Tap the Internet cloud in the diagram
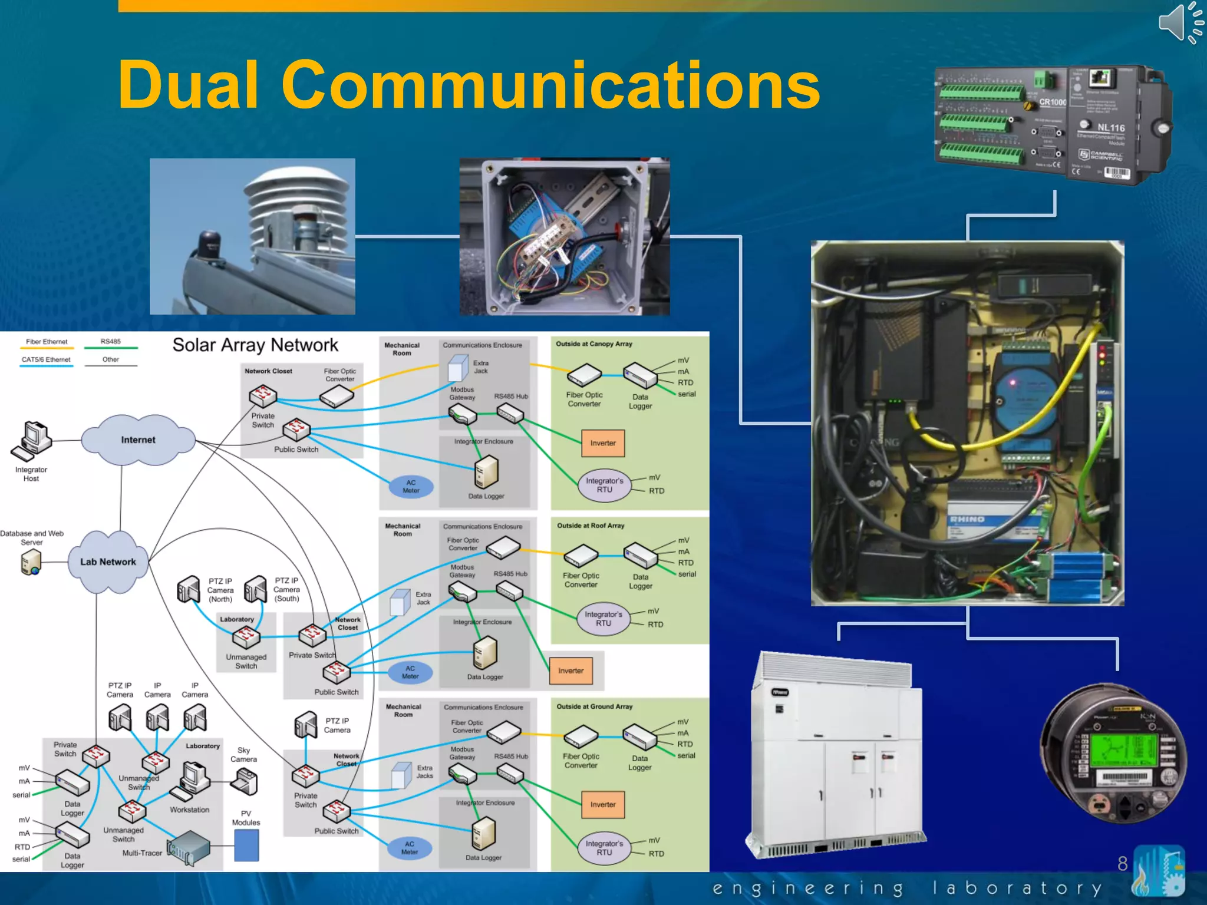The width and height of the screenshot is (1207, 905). [138, 440]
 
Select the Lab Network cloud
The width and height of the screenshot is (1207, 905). [108, 562]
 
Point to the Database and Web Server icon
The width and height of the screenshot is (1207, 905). [31, 562]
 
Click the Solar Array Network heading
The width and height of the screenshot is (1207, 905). [255, 345]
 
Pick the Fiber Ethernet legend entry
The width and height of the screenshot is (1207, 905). [47, 342]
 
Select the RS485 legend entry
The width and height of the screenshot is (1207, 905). [110, 342]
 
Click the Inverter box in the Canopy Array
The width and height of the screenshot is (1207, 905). [602, 443]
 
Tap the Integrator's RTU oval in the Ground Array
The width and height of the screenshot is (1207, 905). [604, 848]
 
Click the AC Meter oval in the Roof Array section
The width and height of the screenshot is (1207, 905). [410, 672]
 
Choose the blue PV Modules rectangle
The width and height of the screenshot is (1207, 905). [246, 845]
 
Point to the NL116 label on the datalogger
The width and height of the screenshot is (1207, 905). [1110, 128]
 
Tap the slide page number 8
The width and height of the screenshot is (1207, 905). [1122, 863]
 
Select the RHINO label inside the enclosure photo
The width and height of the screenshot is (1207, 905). [967, 519]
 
